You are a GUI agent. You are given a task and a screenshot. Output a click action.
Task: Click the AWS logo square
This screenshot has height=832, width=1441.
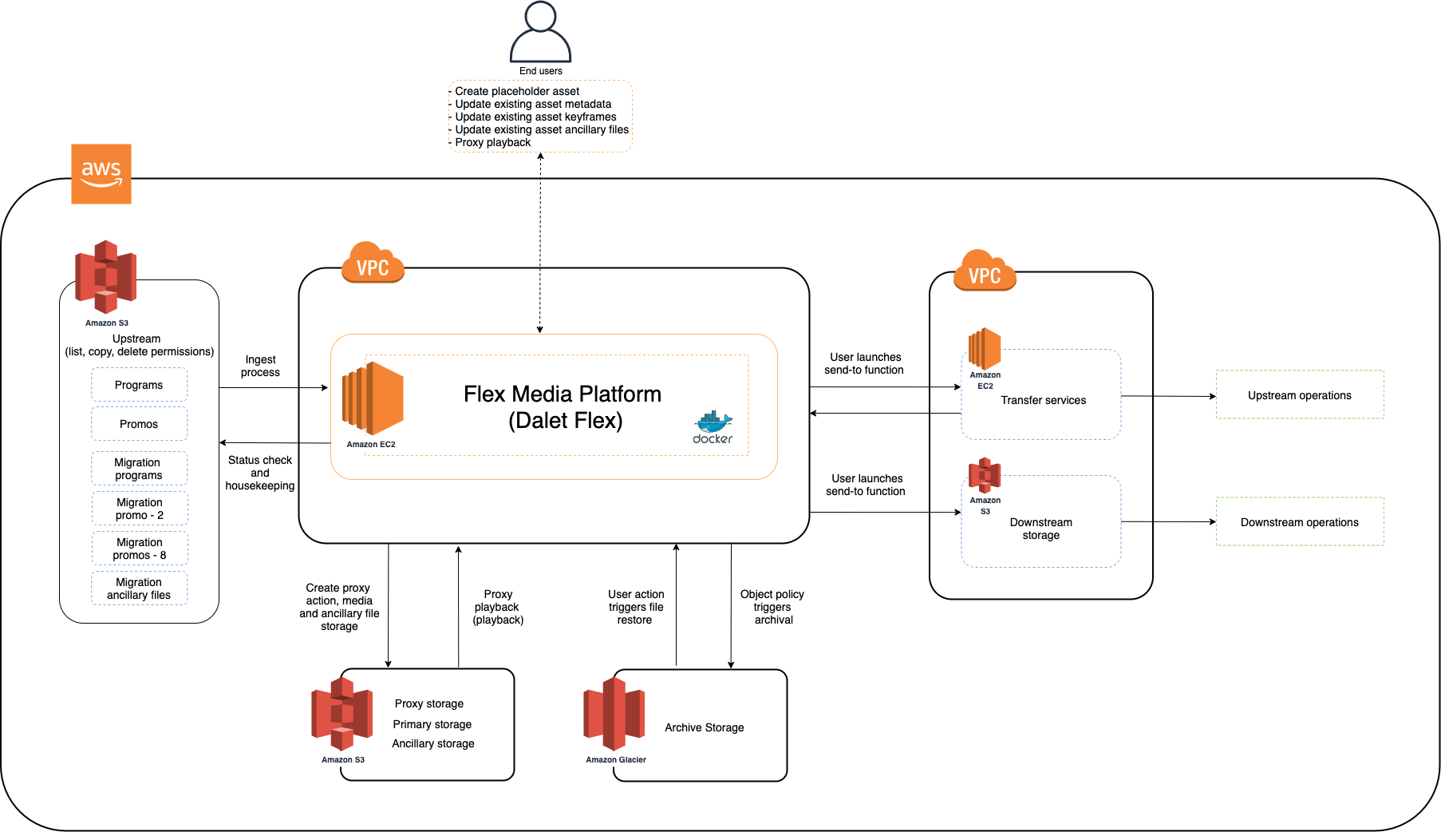tap(101, 174)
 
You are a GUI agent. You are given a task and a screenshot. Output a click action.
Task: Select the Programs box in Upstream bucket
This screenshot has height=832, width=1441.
tap(139, 385)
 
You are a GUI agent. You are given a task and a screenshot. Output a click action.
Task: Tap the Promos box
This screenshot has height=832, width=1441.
tap(139, 424)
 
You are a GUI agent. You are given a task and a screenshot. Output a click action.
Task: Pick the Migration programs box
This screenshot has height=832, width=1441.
tap(139, 469)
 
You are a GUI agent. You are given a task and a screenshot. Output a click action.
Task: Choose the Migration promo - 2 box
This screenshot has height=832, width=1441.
tap(139, 509)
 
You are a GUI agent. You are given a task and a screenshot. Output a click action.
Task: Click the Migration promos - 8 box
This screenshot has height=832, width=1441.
tap(139, 549)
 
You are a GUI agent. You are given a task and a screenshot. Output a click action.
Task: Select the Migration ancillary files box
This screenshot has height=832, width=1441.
tap(139, 588)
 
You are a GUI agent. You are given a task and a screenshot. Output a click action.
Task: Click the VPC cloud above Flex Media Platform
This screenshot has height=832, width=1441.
tap(373, 263)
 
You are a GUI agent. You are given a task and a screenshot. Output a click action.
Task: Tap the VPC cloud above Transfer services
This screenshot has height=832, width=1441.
tap(985, 271)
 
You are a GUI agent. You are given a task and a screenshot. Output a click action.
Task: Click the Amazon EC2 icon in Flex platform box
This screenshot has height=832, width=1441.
tap(373, 398)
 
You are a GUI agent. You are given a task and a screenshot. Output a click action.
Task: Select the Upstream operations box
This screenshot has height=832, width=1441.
tap(1300, 394)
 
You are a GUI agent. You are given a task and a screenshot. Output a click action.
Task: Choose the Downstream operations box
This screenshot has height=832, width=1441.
tap(1300, 521)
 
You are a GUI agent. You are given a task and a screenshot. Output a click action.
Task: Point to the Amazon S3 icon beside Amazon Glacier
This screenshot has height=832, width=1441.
tap(341, 713)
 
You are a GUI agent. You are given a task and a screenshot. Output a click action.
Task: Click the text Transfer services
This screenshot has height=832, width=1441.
tap(1043, 400)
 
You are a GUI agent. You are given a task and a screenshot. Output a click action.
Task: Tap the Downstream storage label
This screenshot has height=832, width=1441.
tap(1041, 529)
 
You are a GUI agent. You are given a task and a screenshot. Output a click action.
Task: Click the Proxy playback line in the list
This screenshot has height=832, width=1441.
tap(492, 143)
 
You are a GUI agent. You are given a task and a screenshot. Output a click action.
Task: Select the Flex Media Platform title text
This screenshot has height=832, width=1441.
tap(563, 394)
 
